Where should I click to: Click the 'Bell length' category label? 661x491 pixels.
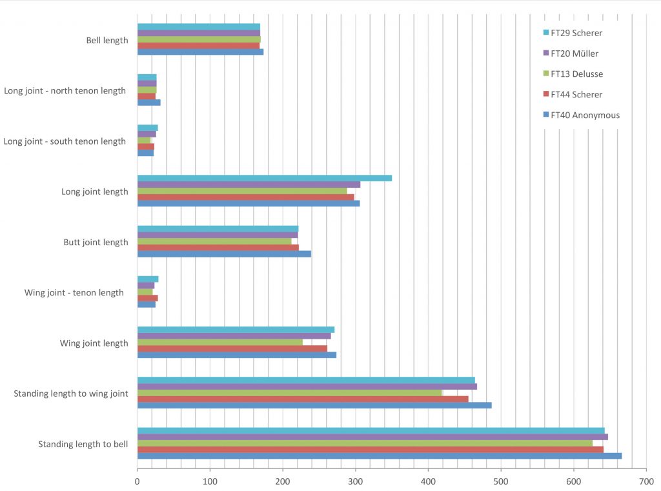click(107, 40)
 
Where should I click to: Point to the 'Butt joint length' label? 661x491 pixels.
click(96, 243)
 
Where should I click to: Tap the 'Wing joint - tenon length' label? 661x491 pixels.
click(74, 293)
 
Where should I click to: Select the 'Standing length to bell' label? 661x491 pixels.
click(83, 444)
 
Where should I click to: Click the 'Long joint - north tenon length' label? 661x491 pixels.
click(65, 91)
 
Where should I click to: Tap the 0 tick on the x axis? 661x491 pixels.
click(137, 481)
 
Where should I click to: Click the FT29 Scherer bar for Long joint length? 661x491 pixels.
click(265, 178)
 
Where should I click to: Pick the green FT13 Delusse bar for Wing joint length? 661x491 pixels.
click(220, 342)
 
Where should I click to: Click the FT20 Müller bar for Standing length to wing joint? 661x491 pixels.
click(307, 386)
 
